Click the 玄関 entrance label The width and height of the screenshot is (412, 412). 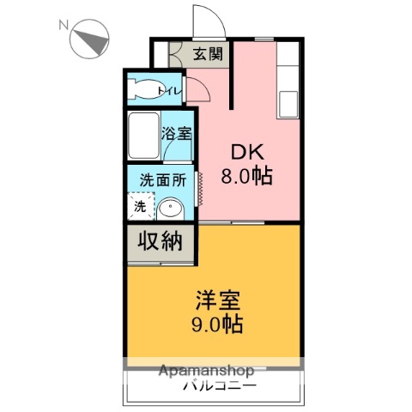click(x=208, y=53)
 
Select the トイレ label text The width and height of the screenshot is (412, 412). click(x=170, y=91)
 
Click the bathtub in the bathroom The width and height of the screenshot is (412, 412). click(x=143, y=136)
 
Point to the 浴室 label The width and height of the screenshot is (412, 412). click(x=176, y=133)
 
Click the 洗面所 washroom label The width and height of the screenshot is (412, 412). click(x=163, y=180)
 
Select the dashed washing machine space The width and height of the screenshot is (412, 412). click(x=141, y=206)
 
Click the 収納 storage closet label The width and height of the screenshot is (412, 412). click(x=161, y=242)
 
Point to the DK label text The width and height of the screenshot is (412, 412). click(x=247, y=153)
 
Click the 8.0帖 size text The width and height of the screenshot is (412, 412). click(x=246, y=176)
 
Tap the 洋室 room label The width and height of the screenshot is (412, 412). click(x=217, y=300)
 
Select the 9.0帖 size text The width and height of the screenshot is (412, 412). click(x=217, y=324)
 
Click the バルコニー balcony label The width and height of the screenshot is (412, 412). click(x=220, y=386)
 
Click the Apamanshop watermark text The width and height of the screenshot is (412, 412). click(x=206, y=371)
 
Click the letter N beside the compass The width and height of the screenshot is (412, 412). click(x=64, y=25)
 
